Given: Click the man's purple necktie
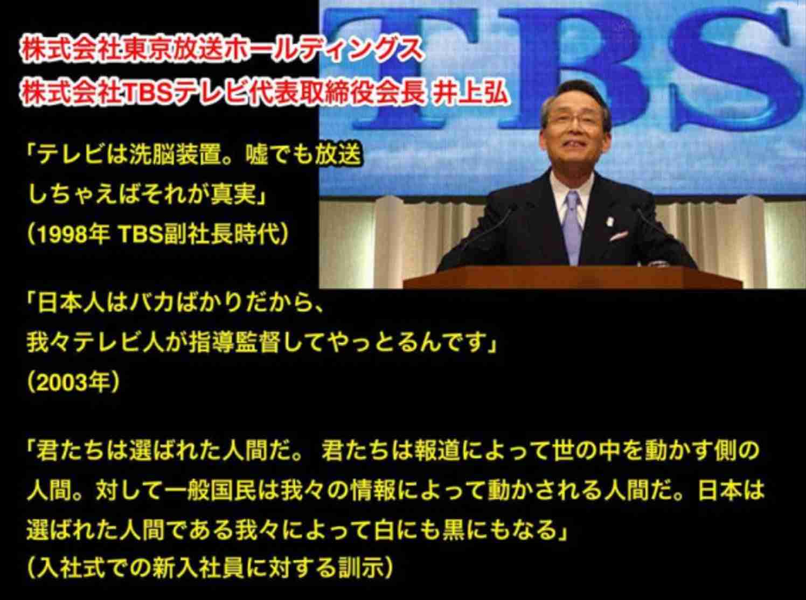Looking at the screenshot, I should [x=572, y=226].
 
